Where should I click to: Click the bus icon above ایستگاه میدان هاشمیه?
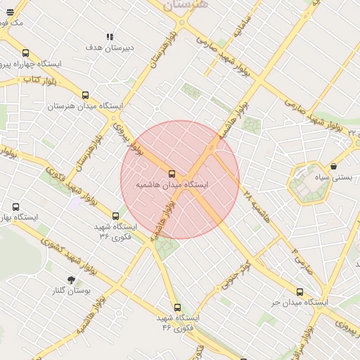tap(172, 173)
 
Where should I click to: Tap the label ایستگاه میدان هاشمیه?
tap(175, 184)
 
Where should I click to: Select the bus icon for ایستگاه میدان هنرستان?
tap(86, 95)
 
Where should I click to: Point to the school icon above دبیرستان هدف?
tap(110, 37)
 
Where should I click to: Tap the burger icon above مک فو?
tap(9, 12)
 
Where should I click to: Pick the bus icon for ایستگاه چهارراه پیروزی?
tap(26, 53)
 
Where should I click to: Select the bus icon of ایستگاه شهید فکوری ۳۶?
tap(116, 216)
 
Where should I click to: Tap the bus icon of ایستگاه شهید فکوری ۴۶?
tap(177, 307)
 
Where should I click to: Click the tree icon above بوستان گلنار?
tap(70, 280)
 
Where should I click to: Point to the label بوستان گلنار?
tap(71, 290)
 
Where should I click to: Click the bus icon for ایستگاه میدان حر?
tap(300, 292)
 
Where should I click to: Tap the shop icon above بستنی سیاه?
tap(333, 167)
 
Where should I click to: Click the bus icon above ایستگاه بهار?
tap(16, 207)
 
